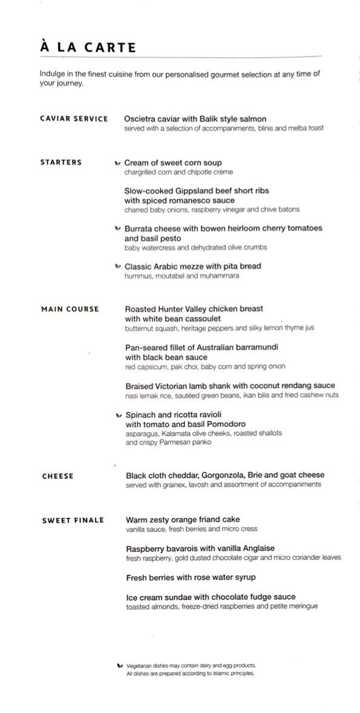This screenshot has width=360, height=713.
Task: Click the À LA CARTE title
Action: click(88, 47)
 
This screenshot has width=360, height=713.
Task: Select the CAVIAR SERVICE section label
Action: click(74, 119)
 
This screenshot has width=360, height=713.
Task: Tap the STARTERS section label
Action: click(61, 162)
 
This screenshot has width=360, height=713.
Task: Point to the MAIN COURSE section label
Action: click(70, 309)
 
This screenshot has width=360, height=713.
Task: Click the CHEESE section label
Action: click(57, 476)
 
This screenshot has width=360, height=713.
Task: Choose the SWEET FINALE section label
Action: click(73, 520)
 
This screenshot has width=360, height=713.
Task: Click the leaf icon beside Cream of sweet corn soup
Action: click(117, 163)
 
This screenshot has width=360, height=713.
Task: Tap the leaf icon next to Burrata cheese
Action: click(117, 229)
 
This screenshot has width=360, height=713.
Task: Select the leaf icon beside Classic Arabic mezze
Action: click(117, 266)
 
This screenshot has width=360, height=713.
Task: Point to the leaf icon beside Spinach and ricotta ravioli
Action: click(118, 415)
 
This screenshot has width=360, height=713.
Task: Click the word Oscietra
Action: click(142, 119)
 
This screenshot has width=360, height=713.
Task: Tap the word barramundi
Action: click(253, 348)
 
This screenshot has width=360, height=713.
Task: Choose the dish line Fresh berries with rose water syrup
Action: click(191, 577)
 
